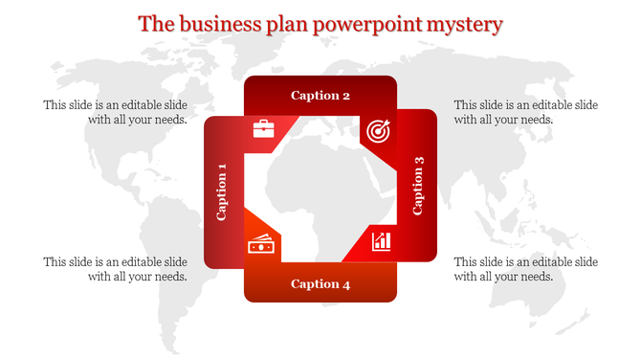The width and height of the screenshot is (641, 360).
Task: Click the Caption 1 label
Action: click(222, 191)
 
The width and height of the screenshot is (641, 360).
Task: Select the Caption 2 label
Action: click(320, 95)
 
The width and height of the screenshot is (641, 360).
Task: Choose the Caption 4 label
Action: click(320, 283)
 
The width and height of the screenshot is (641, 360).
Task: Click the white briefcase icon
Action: click(264, 128)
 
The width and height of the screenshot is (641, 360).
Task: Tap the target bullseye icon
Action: click(377, 129)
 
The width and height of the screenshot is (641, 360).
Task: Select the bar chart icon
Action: click(382, 239)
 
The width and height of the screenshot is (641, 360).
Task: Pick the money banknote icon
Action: click(261, 245)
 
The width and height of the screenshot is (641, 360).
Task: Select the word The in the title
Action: click(155, 24)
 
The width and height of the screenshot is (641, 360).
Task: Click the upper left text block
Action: click(115, 112)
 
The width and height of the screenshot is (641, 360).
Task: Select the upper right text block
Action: click(525, 112)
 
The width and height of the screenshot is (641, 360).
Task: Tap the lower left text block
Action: click(115, 269)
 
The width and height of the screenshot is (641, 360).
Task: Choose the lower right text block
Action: click(525, 269)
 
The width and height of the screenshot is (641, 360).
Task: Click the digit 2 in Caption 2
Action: click(345, 95)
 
